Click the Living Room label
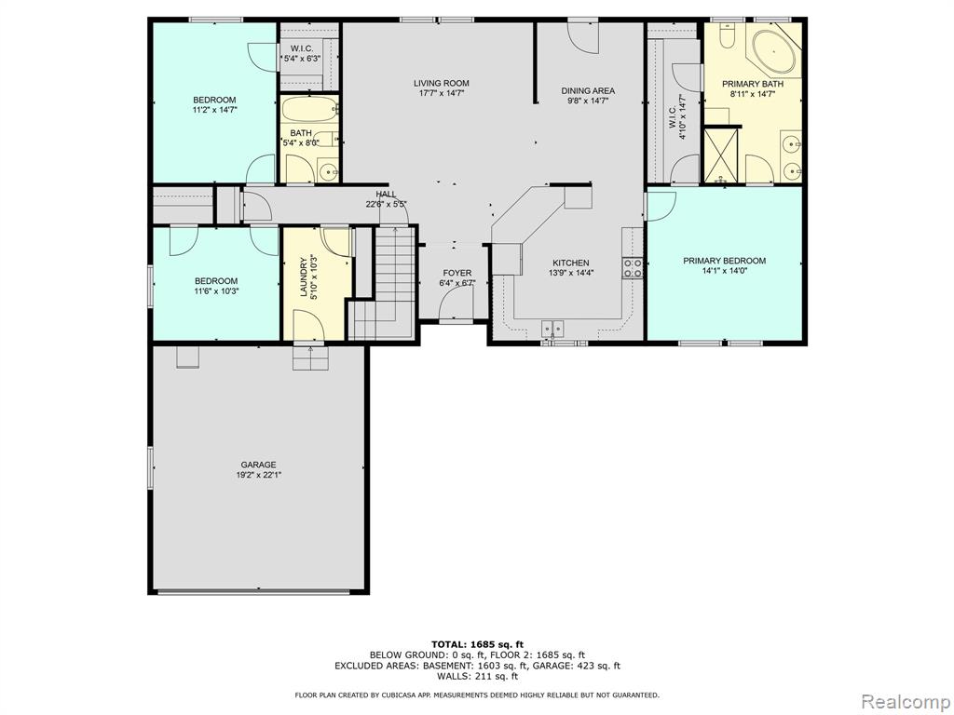(x=441, y=83)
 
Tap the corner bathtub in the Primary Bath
(x=774, y=51)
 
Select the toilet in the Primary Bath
(x=727, y=35)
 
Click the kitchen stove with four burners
(x=633, y=268)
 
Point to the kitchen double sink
(x=553, y=329)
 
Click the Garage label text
(x=258, y=465)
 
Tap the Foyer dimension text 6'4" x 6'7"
(x=457, y=283)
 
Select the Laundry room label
(x=304, y=280)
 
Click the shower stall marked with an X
(x=720, y=155)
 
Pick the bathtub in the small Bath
(x=309, y=111)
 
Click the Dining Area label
(x=588, y=91)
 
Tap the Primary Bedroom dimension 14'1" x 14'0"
(x=724, y=271)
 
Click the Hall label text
(x=386, y=195)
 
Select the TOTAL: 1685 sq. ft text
(x=477, y=644)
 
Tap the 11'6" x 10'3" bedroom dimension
(x=216, y=291)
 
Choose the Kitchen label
(x=571, y=263)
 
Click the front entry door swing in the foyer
(x=457, y=303)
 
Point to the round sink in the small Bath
(x=329, y=171)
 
